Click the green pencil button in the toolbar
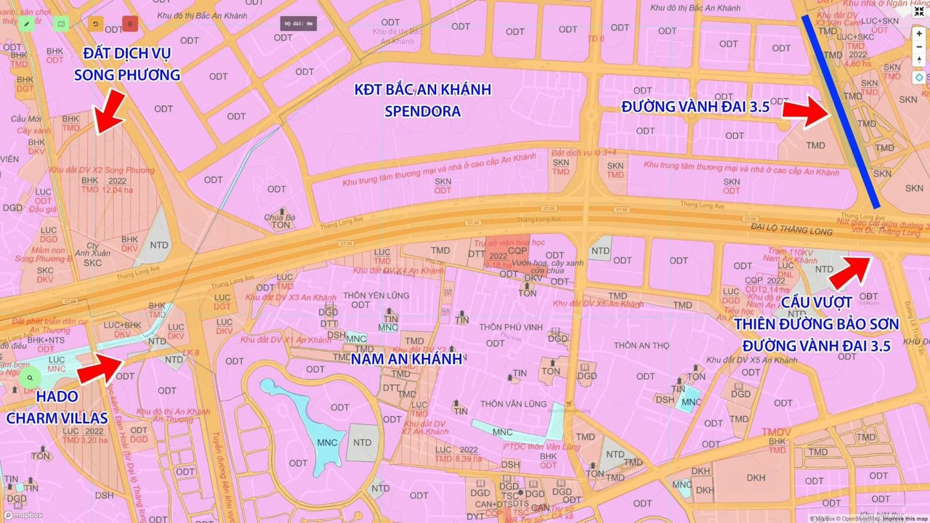tap(27, 24)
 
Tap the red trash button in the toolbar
tap(130, 24)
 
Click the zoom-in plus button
tap(919, 34)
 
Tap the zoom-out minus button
tap(919, 48)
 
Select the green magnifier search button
tap(30, 378)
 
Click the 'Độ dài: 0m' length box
tap(299, 23)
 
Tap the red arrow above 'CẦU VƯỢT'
tap(850, 272)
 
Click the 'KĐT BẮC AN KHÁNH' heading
tap(422, 90)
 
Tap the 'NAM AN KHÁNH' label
tap(406, 358)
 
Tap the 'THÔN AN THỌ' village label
tap(642, 345)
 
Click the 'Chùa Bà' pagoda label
tap(280, 217)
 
